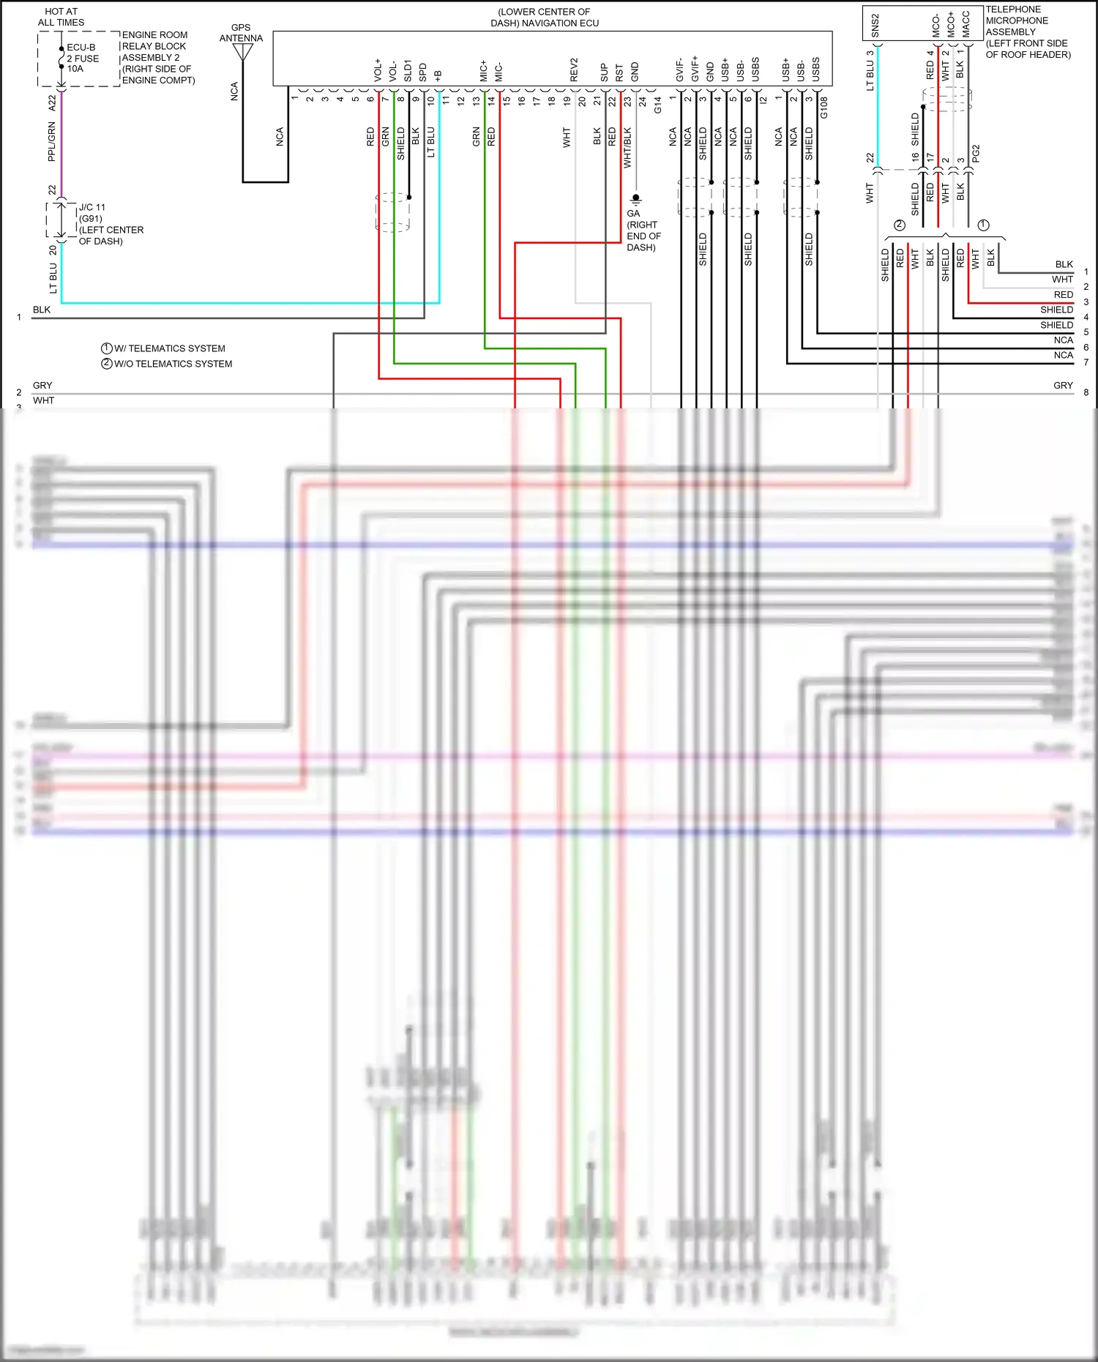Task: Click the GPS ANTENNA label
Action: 241,33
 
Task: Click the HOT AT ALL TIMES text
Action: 61,17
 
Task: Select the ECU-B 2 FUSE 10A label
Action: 83,58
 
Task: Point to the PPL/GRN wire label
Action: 51,141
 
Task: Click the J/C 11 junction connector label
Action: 92,207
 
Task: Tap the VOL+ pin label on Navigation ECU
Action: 378,70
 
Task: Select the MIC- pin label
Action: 499,72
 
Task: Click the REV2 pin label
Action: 575,70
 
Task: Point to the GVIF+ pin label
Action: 695,69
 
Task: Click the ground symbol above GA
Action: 635,199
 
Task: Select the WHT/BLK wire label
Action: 627,148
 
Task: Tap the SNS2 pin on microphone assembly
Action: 875,25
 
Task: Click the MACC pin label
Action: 966,24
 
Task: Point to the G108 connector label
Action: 824,108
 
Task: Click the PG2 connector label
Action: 976,154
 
